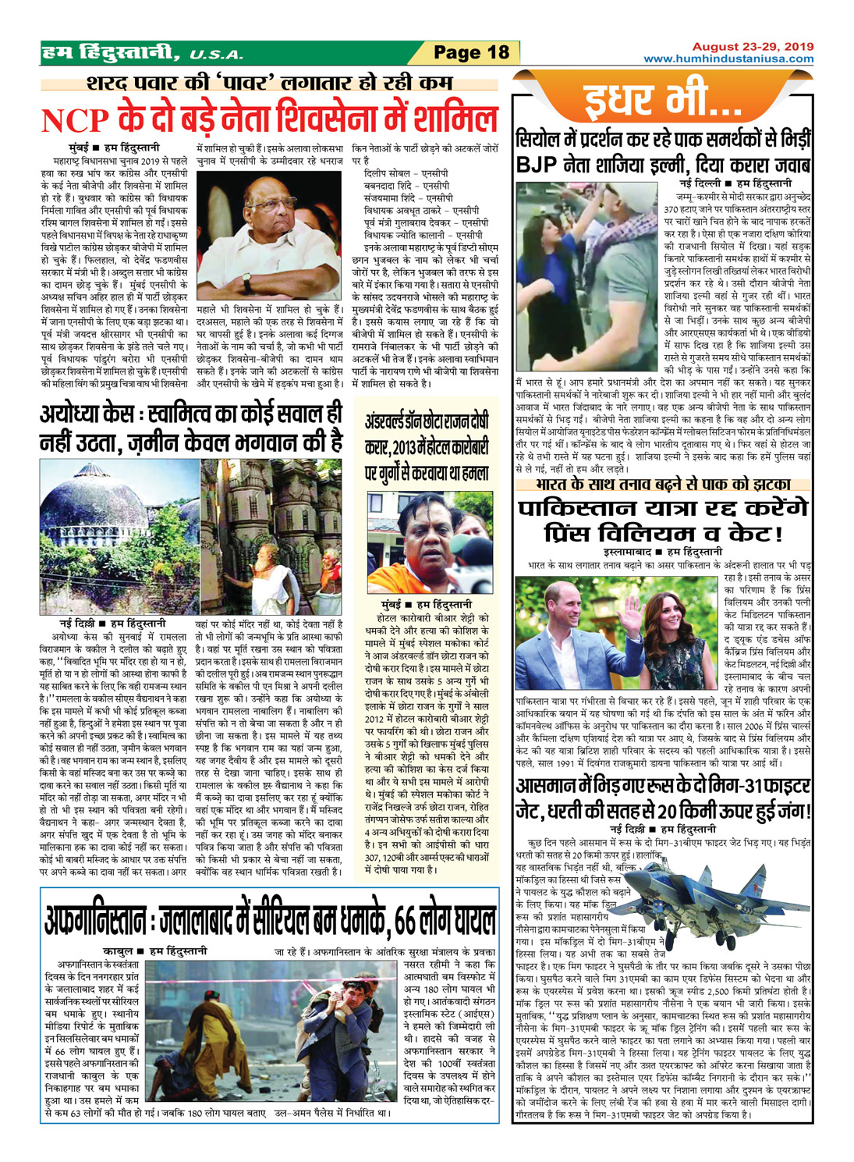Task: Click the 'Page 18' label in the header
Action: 470,53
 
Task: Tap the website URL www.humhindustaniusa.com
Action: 728,59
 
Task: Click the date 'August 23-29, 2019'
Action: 753,47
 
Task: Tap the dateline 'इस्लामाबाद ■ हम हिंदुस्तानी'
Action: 662,552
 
